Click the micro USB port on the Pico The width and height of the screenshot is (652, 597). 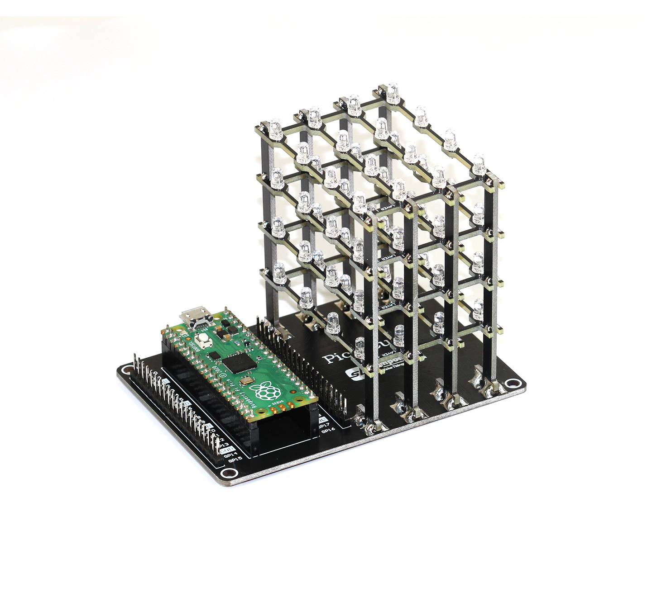(x=196, y=317)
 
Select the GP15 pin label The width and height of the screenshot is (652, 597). (x=235, y=460)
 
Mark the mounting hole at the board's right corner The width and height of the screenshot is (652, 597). (x=512, y=384)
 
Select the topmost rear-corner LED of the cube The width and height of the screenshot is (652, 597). (x=390, y=90)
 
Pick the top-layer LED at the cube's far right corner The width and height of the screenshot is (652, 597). (x=479, y=164)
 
